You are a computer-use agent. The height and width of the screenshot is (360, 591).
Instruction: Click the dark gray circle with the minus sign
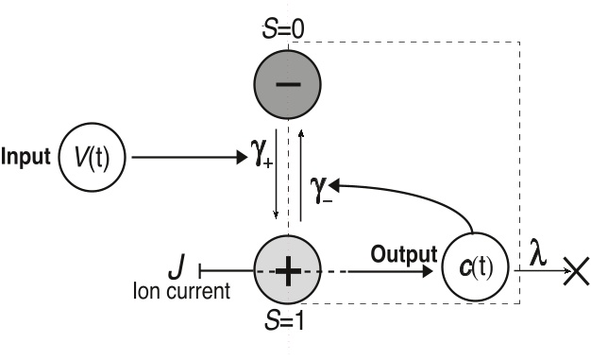click(288, 84)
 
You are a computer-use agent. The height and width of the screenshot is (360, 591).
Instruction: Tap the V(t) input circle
click(94, 155)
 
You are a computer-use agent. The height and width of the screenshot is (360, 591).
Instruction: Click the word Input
click(25, 155)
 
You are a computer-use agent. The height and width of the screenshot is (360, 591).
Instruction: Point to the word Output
click(404, 253)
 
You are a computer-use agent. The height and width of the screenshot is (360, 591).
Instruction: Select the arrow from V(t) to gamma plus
click(189, 155)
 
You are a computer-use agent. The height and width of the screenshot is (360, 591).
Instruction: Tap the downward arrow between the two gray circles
click(275, 179)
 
